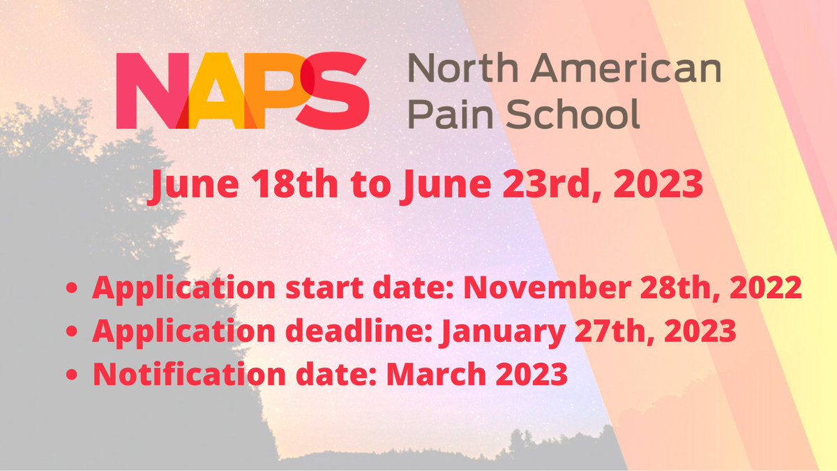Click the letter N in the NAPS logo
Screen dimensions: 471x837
150,91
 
